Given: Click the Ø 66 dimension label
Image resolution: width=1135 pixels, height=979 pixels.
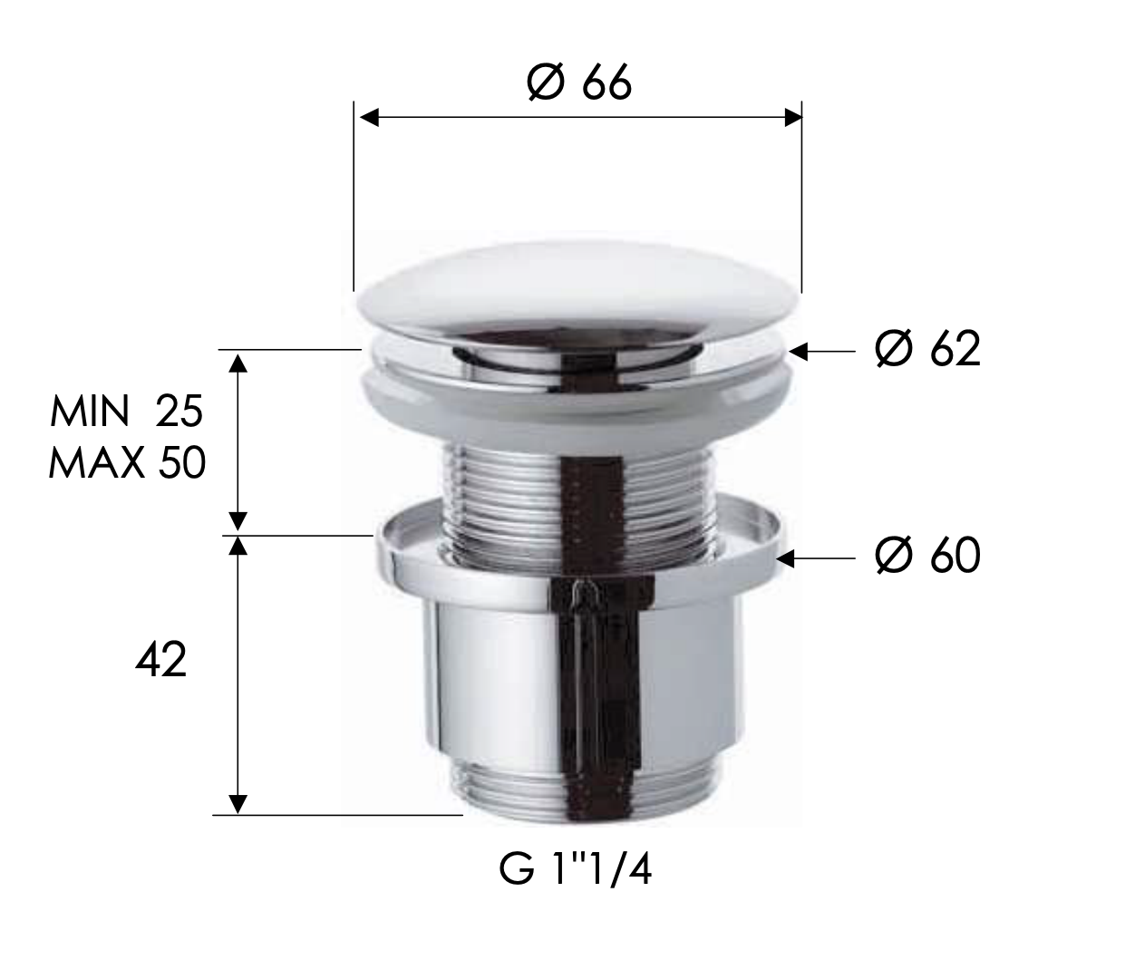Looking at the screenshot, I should tap(578, 83).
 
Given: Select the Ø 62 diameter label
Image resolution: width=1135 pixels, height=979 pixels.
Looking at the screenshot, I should tap(927, 349).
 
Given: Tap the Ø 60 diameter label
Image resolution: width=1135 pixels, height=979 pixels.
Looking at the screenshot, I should tap(927, 555).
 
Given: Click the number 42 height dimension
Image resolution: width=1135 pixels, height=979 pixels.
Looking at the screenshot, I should tap(160, 661).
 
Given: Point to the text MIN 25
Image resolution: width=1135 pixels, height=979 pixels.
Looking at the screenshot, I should tap(126, 412).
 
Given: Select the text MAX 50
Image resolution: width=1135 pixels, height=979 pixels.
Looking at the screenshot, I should tap(127, 464).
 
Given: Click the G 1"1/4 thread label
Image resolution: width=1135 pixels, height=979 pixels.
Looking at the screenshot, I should tap(576, 872).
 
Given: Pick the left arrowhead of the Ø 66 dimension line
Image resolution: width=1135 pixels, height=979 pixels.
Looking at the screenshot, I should tap(368, 117).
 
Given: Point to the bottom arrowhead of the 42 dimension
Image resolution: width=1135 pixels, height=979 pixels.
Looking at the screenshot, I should tap(238, 803).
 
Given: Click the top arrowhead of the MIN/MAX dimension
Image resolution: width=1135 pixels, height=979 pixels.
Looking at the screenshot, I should tap(238, 363).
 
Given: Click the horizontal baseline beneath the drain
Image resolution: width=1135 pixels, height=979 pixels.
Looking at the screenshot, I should tap(335, 815).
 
